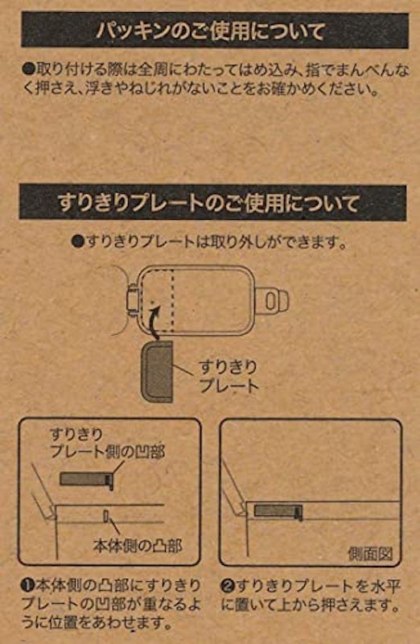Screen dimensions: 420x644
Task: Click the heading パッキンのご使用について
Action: coord(210,31)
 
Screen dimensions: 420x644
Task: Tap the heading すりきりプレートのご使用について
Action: coord(208,203)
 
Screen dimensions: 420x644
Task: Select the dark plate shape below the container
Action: coord(156,371)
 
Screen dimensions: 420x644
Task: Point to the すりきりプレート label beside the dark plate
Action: coord(229,376)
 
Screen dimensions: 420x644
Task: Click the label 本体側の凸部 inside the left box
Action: coord(138,546)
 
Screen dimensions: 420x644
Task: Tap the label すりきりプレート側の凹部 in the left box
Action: coord(107,443)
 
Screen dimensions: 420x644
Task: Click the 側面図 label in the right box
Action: coord(370,554)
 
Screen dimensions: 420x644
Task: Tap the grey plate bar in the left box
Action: coord(84,479)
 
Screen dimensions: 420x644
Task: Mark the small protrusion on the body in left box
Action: coord(105,516)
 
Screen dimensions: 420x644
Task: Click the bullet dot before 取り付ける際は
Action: coord(28,68)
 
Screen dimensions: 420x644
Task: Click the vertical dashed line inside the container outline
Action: coord(172,299)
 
